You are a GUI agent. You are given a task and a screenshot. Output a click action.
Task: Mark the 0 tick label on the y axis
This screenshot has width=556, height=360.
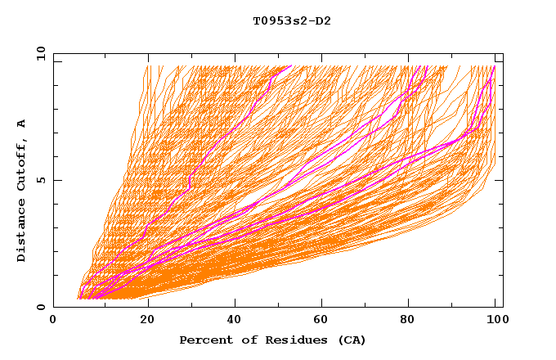point(41,307)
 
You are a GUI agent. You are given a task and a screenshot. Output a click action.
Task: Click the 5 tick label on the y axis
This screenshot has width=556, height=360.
point(41,180)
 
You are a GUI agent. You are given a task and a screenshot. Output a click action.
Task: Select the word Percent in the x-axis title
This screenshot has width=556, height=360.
point(204,340)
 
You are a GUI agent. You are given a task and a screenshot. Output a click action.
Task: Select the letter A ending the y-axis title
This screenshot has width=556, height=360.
point(22,124)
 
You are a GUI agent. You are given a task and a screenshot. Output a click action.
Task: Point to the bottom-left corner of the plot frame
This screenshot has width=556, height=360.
point(54,307)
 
